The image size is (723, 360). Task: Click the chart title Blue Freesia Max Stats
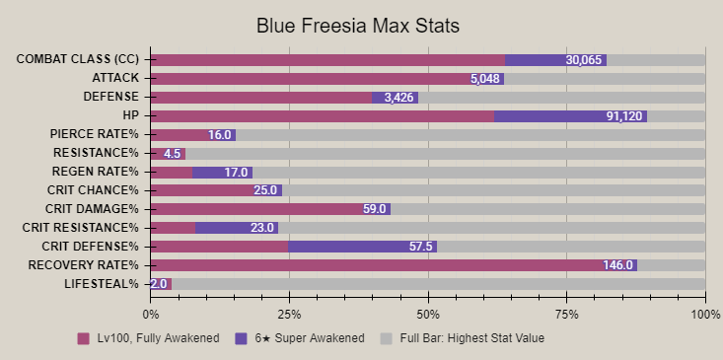361,24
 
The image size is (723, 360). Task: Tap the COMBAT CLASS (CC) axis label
78,59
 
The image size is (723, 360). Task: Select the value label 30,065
584,60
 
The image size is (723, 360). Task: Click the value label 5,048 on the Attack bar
485,79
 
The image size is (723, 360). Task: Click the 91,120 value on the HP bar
624,116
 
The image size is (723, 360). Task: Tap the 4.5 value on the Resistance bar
172,154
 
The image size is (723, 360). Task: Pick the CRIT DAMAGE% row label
93,209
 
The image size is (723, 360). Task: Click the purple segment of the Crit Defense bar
362,247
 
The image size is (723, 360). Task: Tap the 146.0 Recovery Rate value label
616,265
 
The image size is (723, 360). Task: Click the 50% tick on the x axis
428,313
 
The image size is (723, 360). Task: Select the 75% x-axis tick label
566,313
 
